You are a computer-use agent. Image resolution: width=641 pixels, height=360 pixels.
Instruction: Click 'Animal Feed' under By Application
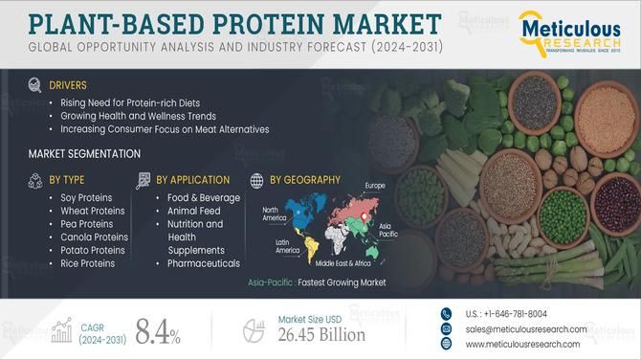(x=194, y=210)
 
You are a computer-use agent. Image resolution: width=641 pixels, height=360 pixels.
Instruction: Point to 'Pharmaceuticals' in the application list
(x=203, y=263)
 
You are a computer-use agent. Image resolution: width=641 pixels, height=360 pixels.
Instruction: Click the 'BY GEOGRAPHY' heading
(x=304, y=179)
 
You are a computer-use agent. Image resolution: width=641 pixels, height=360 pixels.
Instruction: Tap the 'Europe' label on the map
(x=375, y=185)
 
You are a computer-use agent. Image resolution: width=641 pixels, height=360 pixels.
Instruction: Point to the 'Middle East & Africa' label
(x=345, y=261)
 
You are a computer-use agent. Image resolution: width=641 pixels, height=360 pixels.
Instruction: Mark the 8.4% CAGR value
(x=158, y=332)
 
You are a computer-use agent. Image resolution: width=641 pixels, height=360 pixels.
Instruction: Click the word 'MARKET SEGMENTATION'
(x=85, y=153)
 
